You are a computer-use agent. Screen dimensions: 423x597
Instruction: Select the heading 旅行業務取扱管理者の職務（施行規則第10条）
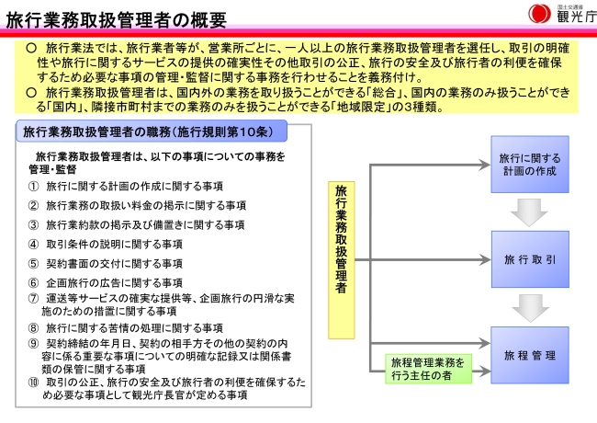click(x=154, y=131)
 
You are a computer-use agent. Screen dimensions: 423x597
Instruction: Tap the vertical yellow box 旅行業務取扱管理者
click(x=342, y=238)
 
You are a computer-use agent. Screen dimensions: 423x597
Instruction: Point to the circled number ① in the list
click(x=33, y=187)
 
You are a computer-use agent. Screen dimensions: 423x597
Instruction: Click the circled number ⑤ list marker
click(x=33, y=264)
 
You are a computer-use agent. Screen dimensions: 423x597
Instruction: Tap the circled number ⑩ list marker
click(x=33, y=382)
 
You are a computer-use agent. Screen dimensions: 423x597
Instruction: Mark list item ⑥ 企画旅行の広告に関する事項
click(x=114, y=283)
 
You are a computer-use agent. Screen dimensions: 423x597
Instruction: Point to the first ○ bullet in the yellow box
click(x=32, y=46)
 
